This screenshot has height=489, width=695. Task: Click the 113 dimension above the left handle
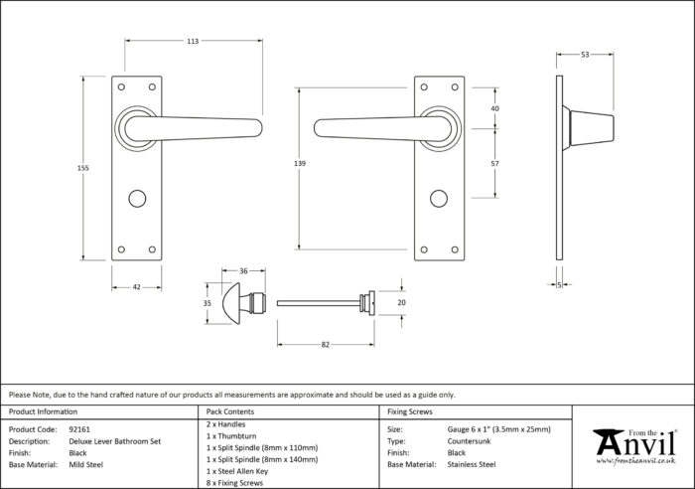193,42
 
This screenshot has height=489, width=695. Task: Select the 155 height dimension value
82,168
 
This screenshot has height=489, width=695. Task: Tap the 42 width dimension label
137,287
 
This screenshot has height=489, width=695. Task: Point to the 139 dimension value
300,163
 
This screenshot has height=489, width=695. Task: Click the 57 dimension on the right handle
495,163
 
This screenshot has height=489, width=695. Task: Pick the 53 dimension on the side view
585,55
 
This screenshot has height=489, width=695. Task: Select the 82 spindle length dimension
326,345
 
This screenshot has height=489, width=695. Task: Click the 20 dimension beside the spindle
401,302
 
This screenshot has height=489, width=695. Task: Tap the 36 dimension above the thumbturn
243,270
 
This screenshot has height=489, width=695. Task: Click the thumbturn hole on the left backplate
137,199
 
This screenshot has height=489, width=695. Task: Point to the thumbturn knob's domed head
231,303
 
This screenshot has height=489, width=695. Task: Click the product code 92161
79,429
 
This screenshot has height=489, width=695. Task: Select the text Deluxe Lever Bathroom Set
115,441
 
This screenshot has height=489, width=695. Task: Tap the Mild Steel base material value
86,464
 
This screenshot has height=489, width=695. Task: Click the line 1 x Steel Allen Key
237,471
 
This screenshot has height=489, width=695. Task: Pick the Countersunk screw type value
469,441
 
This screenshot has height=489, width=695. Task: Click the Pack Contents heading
230,411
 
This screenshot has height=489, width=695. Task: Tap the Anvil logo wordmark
634,442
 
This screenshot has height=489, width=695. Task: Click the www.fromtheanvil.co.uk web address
635,461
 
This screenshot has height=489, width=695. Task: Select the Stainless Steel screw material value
472,464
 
